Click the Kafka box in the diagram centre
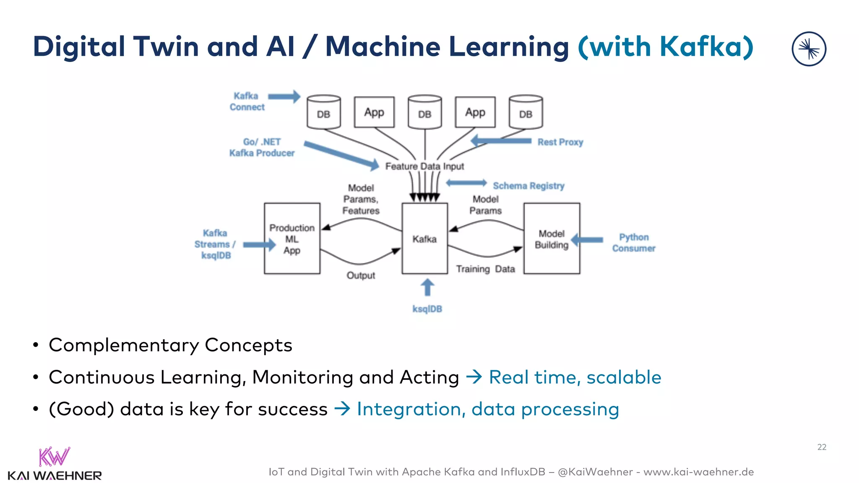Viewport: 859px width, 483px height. click(424, 239)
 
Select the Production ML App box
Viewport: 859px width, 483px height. click(292, 239)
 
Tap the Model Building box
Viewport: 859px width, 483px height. click(552, 239)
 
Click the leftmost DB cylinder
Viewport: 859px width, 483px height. click(323, 112)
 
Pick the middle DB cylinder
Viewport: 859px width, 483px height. click(424, 112)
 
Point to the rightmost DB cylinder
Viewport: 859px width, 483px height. click(526, 112)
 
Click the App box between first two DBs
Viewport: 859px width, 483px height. click(374, 112)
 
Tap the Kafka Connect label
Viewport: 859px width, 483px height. click(247, 101)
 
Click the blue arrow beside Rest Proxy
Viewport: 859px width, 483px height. click(501, 141)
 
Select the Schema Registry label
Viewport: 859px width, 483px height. click(528, 186)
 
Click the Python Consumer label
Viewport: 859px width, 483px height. click(633, 243)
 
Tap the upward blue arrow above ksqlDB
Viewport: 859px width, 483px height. click(427, 288)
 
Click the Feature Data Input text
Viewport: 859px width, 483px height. click(424, 166)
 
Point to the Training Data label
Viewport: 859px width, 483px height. click(485, 269)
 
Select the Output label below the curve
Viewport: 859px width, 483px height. click(361, 275)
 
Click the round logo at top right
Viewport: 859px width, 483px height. click(809, 49)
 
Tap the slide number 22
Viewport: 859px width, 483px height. click(822, 447)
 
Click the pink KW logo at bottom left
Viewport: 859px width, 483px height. click(54, 457)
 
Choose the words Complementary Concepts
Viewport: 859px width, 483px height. click(170, 345)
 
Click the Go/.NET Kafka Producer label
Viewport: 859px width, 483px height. click(262, 148)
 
